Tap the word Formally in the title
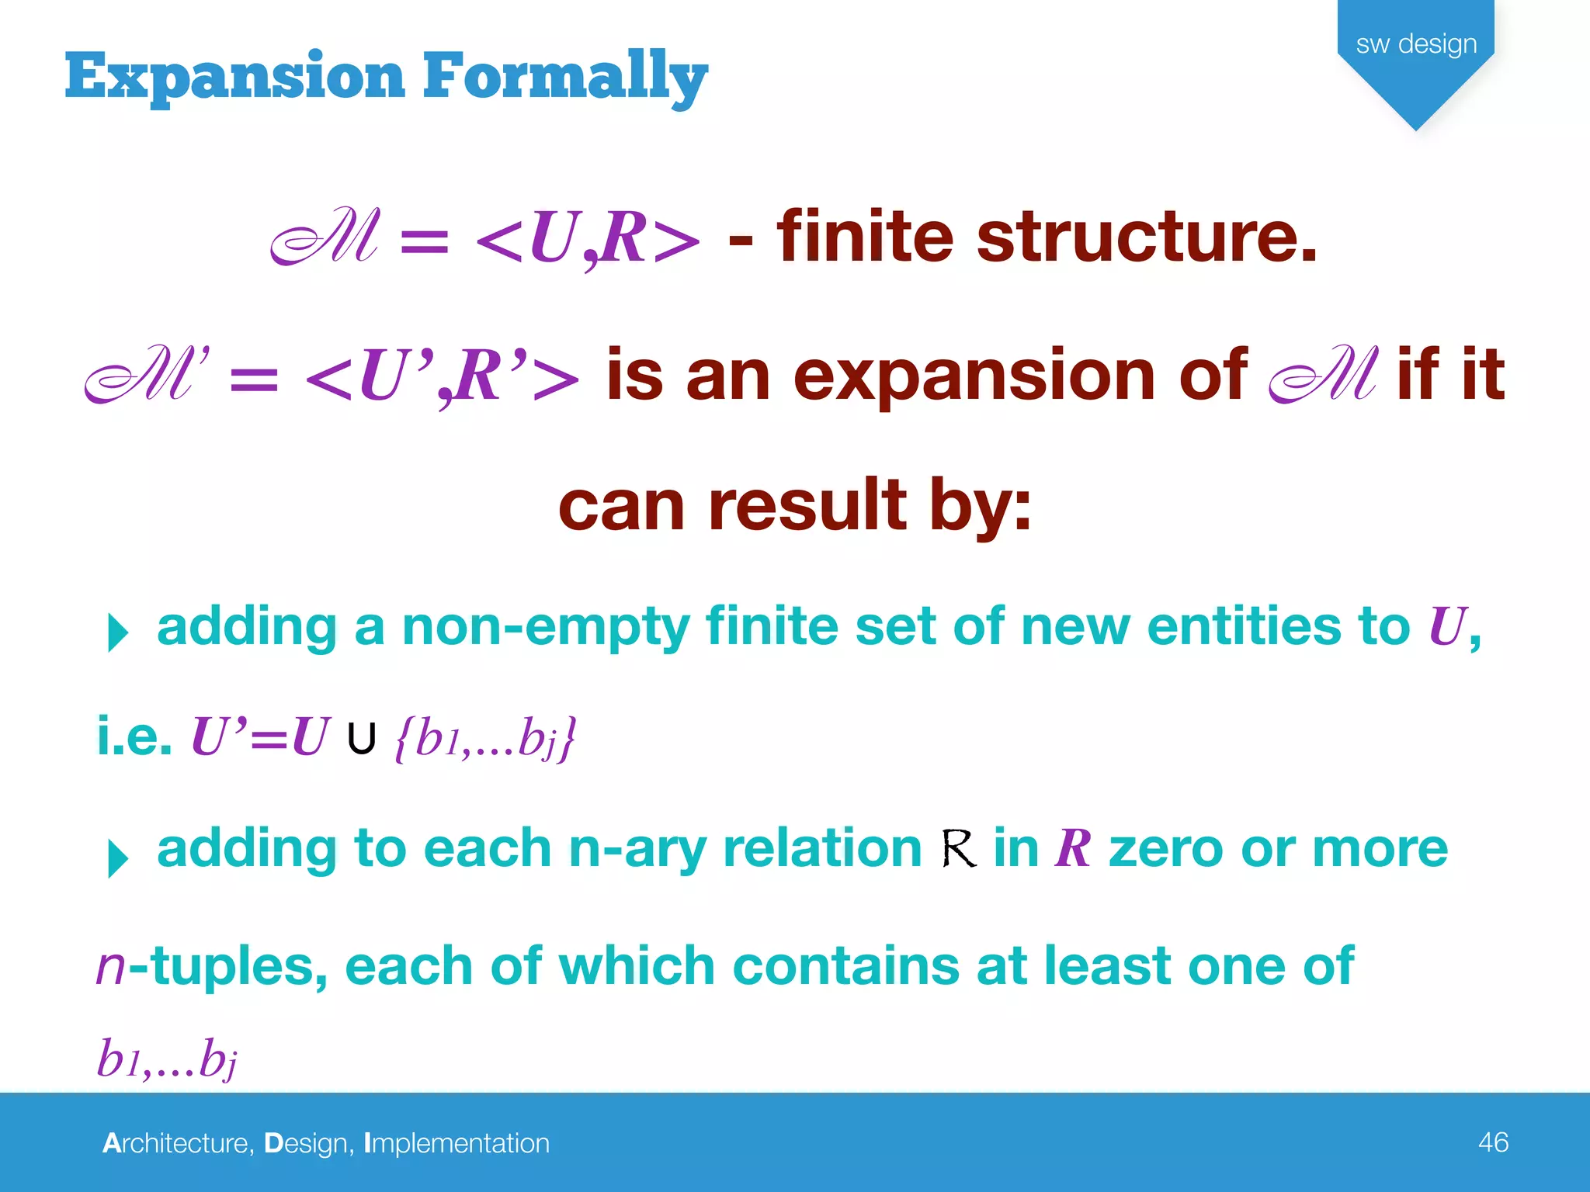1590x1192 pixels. coord(564,77)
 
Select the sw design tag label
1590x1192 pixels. coord(1416,44)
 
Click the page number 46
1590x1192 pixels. coord(1493,1142)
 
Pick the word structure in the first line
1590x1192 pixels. coord(1146,237)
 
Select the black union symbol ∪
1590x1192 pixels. coord(362,738)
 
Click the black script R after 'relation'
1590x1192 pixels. coord(958,848)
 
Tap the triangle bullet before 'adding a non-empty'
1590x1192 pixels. coord(117,632)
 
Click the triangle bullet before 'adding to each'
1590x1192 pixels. coord(117,858)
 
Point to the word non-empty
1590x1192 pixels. coord(546,626)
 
